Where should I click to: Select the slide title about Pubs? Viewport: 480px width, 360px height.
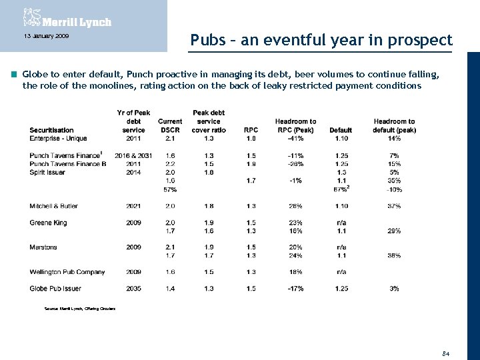(x=321, y=40)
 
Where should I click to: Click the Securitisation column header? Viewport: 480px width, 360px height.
(x=51, y=130)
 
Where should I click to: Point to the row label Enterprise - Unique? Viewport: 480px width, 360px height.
(x=58, y=139)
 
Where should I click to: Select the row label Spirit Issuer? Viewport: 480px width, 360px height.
(x=47, y=172)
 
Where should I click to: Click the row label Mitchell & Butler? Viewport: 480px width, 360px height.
(x=53, y=206)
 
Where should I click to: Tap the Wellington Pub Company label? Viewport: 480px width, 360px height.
(x=67, y=272)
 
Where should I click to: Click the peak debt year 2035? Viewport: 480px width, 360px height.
(x=133, y=289)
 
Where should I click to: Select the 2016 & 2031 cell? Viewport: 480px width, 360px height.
(x=133, y=155)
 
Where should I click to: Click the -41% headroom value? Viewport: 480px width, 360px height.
(x=295, y=139)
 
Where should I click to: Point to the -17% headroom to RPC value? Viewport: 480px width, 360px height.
(x=295, y=289)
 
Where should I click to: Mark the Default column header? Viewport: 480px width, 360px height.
(x=341, y=130)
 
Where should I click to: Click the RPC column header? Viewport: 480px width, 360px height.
(x=251, y=130)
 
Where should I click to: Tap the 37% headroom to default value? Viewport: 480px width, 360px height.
(x=394, y=206)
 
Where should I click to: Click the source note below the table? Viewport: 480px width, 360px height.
(x=79, y=309)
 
